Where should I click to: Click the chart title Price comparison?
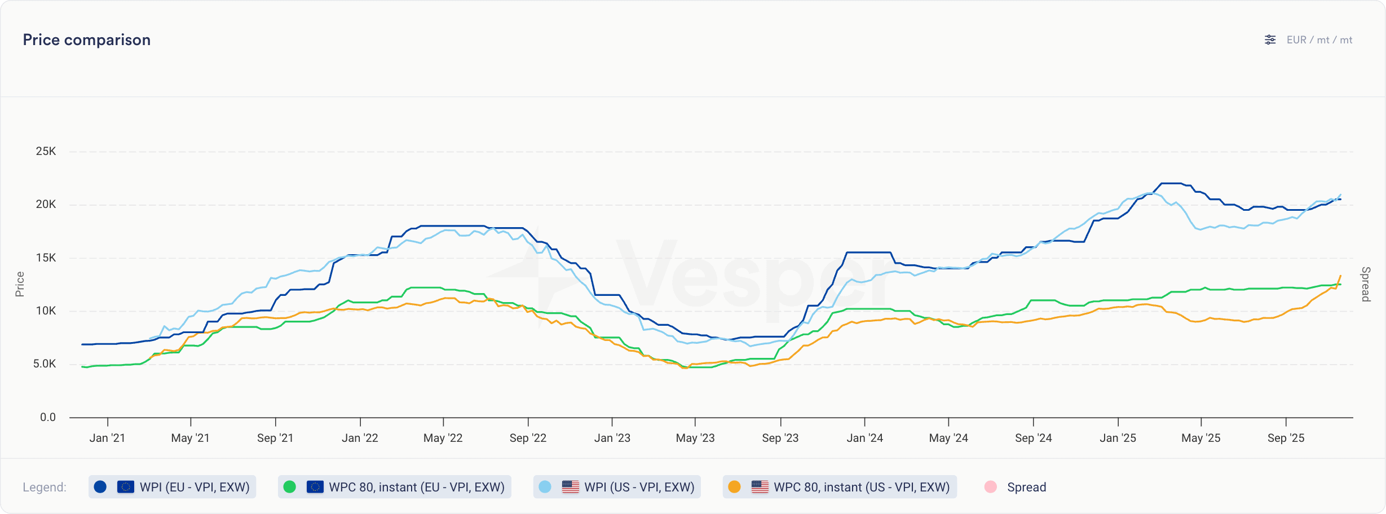click(87, 40)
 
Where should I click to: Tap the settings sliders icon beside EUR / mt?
click(1270, 40)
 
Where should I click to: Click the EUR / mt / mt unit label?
click(1319, 40)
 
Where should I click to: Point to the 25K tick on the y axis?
click(46, 151)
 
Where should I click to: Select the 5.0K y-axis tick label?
click(45, 364)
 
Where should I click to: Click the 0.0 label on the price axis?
click(48, 417)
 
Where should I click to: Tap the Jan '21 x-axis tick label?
click(107, 438)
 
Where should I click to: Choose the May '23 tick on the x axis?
click(695, 438)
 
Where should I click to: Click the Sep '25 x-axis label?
click(1286, 438)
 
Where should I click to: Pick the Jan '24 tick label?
click(864, 438)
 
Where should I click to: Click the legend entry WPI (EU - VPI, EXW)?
click(172, 487)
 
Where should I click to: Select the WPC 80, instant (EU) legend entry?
click(394, 487)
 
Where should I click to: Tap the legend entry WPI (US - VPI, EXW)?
click(617, 487)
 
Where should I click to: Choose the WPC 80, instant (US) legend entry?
click(840, 487)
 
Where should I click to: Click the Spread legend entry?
click(1026, 487)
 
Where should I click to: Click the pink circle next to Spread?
click(990, 487)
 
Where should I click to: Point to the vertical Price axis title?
click(20, 284)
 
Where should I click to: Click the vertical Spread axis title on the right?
click(1366, 284)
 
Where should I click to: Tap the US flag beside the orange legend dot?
click(760, 487)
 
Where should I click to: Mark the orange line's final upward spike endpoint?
click(1340, 276)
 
